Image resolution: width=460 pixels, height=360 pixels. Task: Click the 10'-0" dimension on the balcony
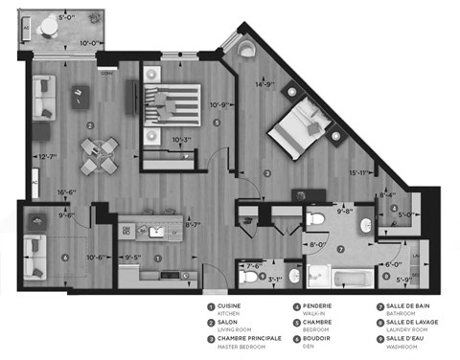click(x=92, y=42)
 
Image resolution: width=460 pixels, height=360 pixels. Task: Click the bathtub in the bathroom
click(x=352, y=280)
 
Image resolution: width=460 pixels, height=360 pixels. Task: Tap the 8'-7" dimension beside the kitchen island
click(x=191, y=226)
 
